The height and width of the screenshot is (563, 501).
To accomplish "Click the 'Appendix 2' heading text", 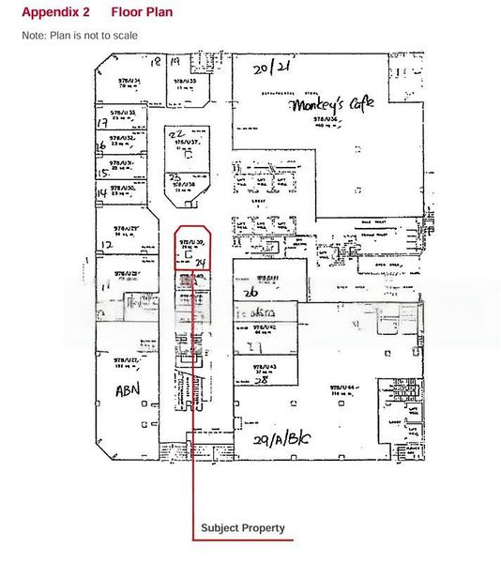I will tap(56, 12).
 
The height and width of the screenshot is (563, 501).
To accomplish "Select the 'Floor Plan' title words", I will tap(141, 12).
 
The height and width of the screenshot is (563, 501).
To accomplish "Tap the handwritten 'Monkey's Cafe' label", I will tap(325, 107).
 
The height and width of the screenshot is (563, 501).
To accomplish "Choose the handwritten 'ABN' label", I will tap(128, 389).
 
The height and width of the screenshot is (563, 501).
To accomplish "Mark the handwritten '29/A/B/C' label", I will tap(281, 438).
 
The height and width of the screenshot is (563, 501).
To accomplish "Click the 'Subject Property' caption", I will tap(242, 528).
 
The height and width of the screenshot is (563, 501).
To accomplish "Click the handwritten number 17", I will tap(101, 123).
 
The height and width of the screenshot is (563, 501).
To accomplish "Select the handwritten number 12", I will tap(106, 245).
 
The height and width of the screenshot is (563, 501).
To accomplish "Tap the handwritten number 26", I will tap(250, 292).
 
